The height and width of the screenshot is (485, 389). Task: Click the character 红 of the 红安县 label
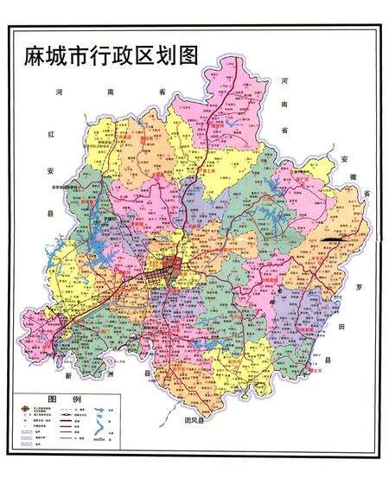point(52,134)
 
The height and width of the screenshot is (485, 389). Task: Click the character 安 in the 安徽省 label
point(343,161)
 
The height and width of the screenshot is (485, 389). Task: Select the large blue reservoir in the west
point(93,259)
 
